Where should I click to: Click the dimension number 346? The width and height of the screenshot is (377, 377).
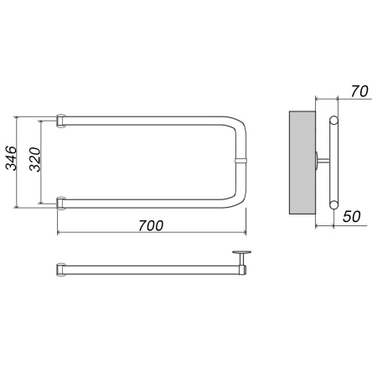point(12,158)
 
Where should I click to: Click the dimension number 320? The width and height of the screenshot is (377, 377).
point(35,159)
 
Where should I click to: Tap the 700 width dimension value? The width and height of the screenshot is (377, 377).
point(151,225)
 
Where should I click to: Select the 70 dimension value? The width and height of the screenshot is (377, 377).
point(359,91)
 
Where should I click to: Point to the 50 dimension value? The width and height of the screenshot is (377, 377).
point(352,216)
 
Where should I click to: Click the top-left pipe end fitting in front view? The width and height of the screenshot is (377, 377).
point(61,121)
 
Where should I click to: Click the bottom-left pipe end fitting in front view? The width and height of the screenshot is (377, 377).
point(61,204)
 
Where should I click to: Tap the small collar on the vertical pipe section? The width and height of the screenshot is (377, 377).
point(240,161)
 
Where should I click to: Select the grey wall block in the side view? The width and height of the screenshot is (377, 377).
point(302,163)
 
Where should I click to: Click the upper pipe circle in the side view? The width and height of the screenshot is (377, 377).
point(333,121)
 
